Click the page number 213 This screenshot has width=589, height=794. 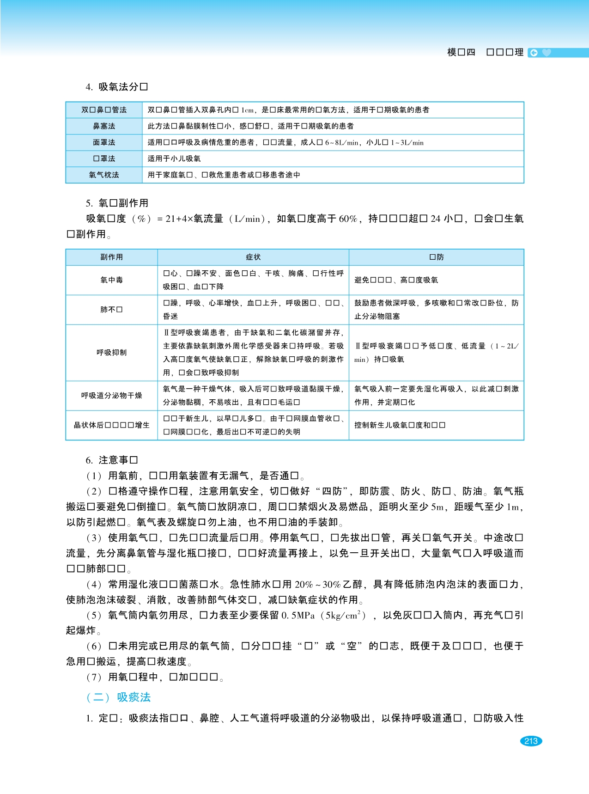click(531, 741)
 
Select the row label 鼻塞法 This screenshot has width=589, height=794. click(104, 126)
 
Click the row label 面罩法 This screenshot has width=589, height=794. click(104, 142)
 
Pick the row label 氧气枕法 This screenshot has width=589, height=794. click(104, 175)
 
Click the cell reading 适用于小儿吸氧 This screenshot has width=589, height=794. click(174, 159)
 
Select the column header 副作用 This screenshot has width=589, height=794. click(112, 257)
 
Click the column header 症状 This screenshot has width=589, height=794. click(253, 257)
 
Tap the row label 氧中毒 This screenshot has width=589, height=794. click(112, 280)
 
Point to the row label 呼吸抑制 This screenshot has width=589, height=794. click(112, 352)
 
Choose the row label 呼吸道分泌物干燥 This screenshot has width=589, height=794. click(112, 395)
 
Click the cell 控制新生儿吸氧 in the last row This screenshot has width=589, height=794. click(400, 425)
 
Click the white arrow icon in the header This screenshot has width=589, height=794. click(534, 53)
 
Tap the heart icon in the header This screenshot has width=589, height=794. click(546, 53)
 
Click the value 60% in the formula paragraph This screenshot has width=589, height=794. click(348, 219)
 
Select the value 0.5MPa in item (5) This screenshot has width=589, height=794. click(298, 615)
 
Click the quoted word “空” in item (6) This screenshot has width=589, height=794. click(352, 646)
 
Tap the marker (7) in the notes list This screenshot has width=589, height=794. click(94, 677)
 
